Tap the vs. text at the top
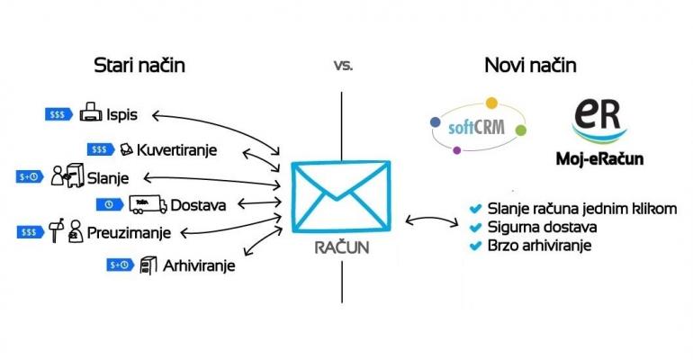342,66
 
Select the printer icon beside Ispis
91,114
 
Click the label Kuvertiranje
177,148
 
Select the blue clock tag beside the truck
108,203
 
